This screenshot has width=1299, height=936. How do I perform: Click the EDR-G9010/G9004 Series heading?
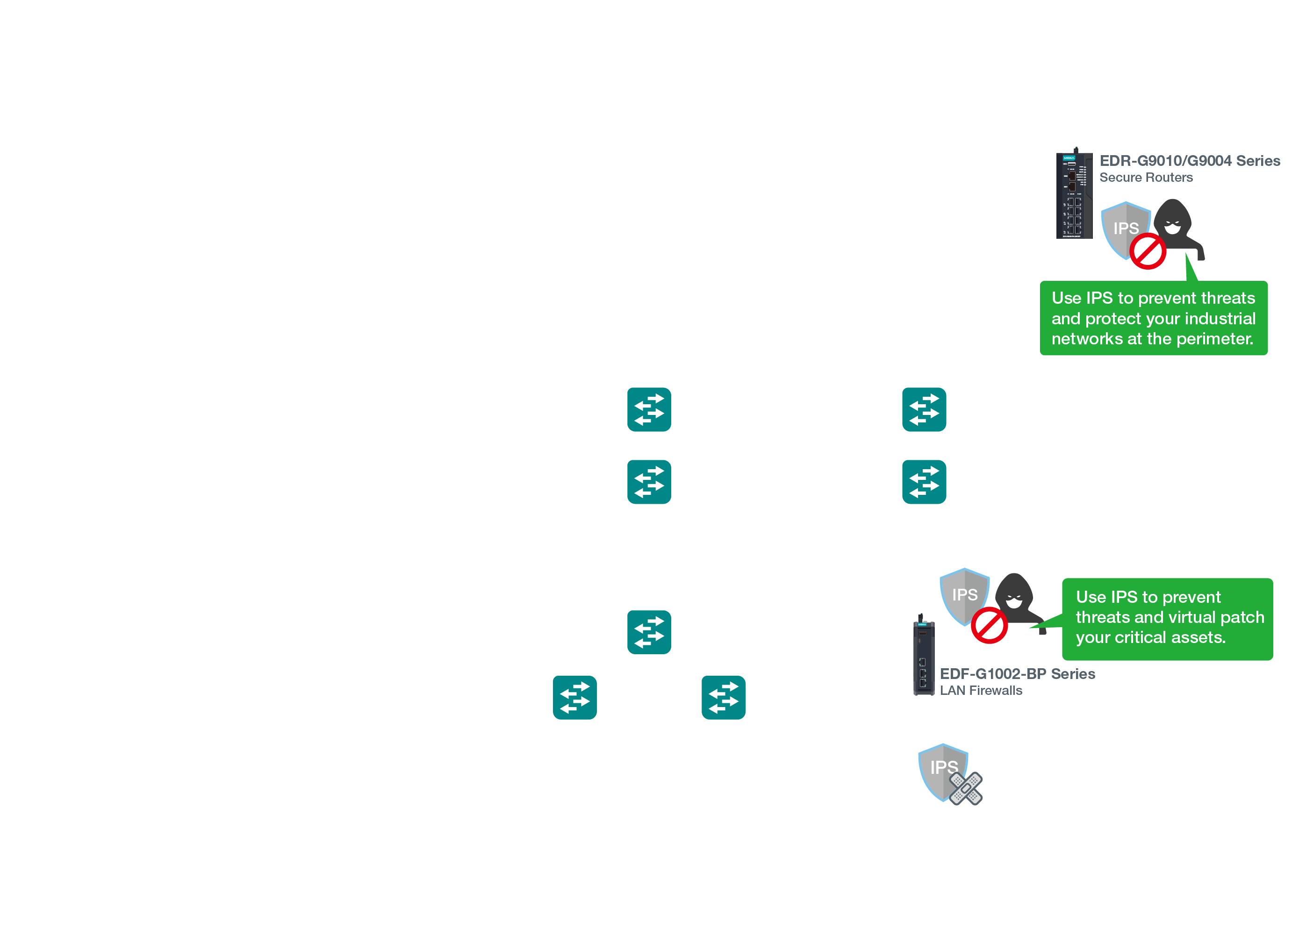(x=1189, y=161)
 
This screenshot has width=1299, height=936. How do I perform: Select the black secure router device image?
(x=1074, y=195)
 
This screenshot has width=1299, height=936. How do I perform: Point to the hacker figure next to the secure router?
(x=1175, y=226)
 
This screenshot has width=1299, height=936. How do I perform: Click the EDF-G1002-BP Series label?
(x=1017, y=674)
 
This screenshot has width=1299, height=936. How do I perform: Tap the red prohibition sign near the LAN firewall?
(x=989, y=625)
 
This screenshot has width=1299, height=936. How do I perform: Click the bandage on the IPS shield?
(x=966, y=788)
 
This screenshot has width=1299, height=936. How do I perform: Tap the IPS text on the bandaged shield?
(x=943, y=767)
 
